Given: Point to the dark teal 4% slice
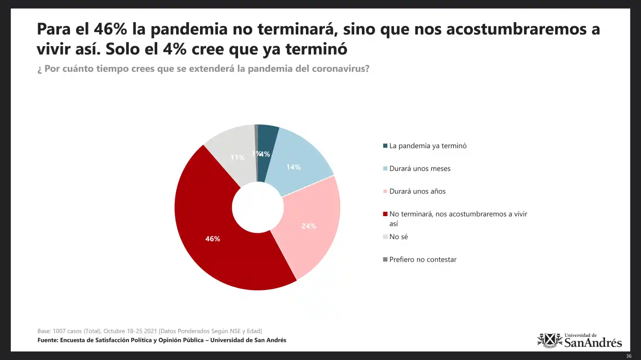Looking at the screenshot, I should click(x=268, y=141).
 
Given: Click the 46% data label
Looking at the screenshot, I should click(x=212, y=239).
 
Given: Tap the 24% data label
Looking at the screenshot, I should click(x=309, y=226).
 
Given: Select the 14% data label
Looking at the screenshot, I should click(x=293, y=167).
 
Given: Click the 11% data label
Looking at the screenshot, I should click(x=238, y=158).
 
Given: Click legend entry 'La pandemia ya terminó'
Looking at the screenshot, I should click(x=428, y=146).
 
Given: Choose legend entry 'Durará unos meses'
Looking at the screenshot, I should click(x=420, y=169).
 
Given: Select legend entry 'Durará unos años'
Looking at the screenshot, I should click(x=417, y=191).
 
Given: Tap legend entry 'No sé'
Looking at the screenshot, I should click(x=398, y=237).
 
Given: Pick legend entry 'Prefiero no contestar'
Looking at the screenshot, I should click(x=423, y=260).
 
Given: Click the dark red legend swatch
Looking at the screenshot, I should click(x=385, y=214).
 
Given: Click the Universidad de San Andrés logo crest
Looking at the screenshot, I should click(x=550, y=340).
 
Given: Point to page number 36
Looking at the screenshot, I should click(x=629, y=356).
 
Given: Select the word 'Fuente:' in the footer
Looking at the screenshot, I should click(x=48, y=340).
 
